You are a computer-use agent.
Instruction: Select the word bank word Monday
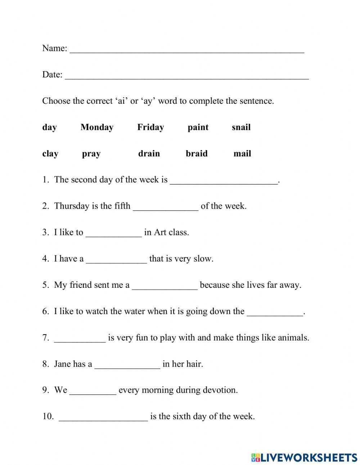97,127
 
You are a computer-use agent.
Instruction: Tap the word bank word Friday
150,127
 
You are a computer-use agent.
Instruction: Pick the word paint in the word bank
198,127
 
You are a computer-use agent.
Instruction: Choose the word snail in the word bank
241,127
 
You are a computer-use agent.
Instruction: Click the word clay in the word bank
50,154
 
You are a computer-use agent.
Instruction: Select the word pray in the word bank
91,154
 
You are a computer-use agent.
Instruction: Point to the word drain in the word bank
149,153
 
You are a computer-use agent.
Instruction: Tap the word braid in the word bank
197,153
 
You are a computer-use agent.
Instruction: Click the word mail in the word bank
242,153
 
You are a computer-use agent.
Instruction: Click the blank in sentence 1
224,181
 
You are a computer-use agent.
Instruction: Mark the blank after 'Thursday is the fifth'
166,207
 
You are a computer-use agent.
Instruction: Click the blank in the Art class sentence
114,234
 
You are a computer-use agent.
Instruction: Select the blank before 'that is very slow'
116,260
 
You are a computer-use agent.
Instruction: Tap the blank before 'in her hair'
127,365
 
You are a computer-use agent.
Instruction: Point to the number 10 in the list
48,416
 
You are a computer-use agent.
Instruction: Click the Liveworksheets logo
304,457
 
